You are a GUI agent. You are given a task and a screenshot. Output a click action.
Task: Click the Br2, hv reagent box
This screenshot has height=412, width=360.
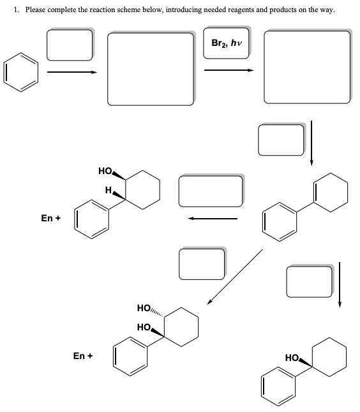227,43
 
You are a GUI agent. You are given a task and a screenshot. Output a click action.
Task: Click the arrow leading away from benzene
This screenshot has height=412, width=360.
72,72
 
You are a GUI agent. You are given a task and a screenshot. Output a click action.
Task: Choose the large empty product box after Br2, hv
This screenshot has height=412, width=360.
307,67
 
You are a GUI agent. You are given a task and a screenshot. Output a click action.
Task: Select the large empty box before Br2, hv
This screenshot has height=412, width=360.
151,68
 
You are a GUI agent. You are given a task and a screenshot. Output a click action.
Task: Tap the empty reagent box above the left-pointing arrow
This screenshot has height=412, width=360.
211,190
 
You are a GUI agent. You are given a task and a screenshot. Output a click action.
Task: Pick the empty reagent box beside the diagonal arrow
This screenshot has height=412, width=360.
201,264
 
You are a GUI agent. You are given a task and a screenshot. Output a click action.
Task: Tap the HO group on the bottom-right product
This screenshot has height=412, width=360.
291,359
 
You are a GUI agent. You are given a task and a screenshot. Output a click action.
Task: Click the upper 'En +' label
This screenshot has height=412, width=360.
50,218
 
